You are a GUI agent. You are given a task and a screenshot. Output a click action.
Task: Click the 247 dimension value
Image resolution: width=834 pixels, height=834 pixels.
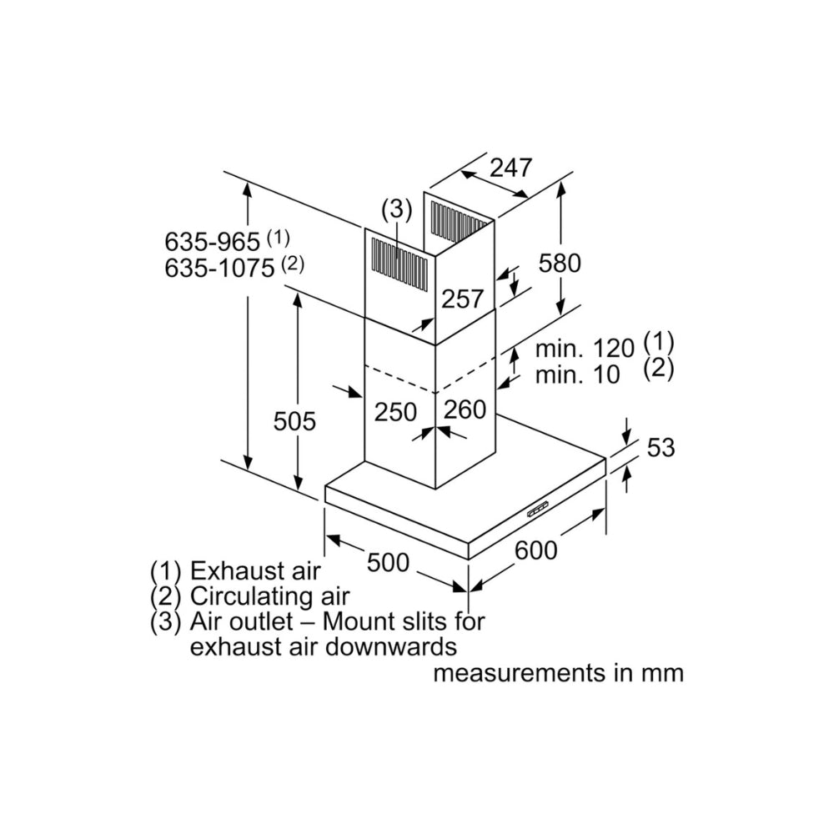(x=510, y=168)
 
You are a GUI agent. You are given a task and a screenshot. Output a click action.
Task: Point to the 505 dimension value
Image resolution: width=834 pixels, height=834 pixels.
(x=294, y=422)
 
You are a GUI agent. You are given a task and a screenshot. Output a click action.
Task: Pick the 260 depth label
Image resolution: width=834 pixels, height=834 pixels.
(x=465, y=409)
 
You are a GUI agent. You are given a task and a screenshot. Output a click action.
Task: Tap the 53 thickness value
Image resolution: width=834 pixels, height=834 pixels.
(x=660, y=448)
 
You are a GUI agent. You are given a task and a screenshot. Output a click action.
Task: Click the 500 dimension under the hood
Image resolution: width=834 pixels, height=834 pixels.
(x=388, y=563)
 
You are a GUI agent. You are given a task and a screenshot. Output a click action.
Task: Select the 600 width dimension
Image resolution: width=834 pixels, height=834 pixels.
(x=535, y=550)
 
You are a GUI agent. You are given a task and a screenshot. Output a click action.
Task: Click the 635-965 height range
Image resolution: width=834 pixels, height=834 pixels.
(x=214, y=243)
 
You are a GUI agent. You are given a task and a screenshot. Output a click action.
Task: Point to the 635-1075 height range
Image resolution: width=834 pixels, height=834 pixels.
(x=221, y=269)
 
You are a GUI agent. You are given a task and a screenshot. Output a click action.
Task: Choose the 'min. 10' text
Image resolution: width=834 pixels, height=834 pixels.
(x=578, y=375)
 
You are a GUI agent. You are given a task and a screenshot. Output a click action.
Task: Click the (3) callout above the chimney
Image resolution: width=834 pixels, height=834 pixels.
(x=396, y=209)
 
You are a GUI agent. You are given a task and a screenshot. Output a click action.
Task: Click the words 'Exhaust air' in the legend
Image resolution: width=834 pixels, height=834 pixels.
(x=254, y=571)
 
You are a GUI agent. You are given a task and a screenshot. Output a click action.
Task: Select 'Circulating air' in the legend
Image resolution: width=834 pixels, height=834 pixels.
(x=269, y=596)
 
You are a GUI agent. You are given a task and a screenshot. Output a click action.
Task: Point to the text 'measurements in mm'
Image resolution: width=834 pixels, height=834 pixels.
(x=558, y=673)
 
